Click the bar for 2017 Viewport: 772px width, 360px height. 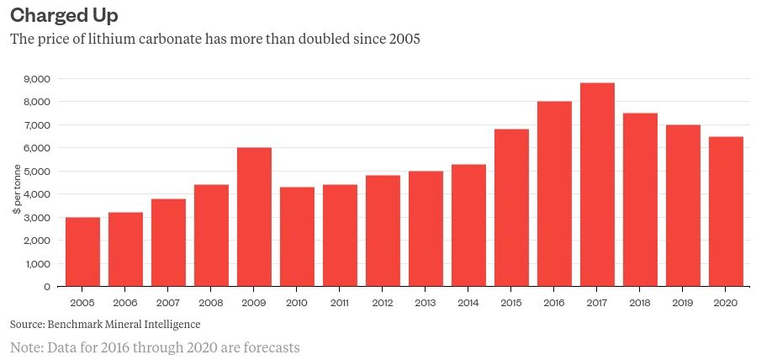(597, 185)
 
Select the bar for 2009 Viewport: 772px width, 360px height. (254, 217)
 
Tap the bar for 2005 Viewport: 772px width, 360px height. (82, 252)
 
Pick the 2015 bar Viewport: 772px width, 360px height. (511, 208)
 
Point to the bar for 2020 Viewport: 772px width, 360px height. (726, 211)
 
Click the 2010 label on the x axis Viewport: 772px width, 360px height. (297, 301)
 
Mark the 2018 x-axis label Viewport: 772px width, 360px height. (640, 301)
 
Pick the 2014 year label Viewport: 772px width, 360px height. (468, 301)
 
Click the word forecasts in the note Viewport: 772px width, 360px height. (269, 347)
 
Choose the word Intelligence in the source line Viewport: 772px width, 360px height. (170, 324)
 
